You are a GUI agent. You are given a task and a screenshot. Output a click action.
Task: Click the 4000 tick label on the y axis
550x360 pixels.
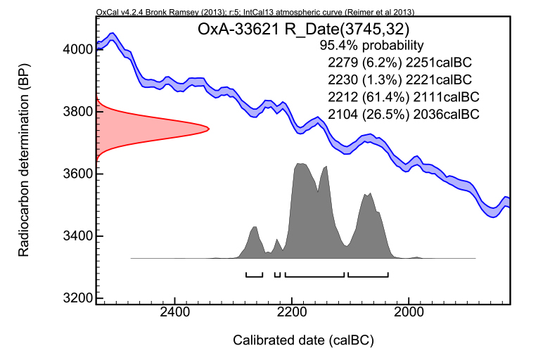point(72,50)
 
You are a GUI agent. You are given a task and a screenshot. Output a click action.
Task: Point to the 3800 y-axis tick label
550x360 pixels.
point(72,112)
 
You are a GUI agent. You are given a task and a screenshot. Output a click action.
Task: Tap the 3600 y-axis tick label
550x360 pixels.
point(72,174)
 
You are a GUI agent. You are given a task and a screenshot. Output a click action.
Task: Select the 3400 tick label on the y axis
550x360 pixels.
point(72,236)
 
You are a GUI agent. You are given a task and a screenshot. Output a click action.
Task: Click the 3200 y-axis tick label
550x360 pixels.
point(72,297)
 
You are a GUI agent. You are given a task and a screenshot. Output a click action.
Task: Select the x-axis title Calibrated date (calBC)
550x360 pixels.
point(303,341)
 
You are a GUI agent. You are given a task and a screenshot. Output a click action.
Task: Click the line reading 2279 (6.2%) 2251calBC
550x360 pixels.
point(395,62)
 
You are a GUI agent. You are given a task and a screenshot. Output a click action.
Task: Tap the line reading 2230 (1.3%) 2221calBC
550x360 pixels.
point(395,79)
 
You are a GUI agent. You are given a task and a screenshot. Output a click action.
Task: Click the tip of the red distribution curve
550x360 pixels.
point(209,128)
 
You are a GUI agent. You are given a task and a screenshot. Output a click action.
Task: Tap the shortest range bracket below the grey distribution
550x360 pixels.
point(277,274)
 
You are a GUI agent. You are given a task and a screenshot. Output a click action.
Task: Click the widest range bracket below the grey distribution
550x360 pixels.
point(314,274)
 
